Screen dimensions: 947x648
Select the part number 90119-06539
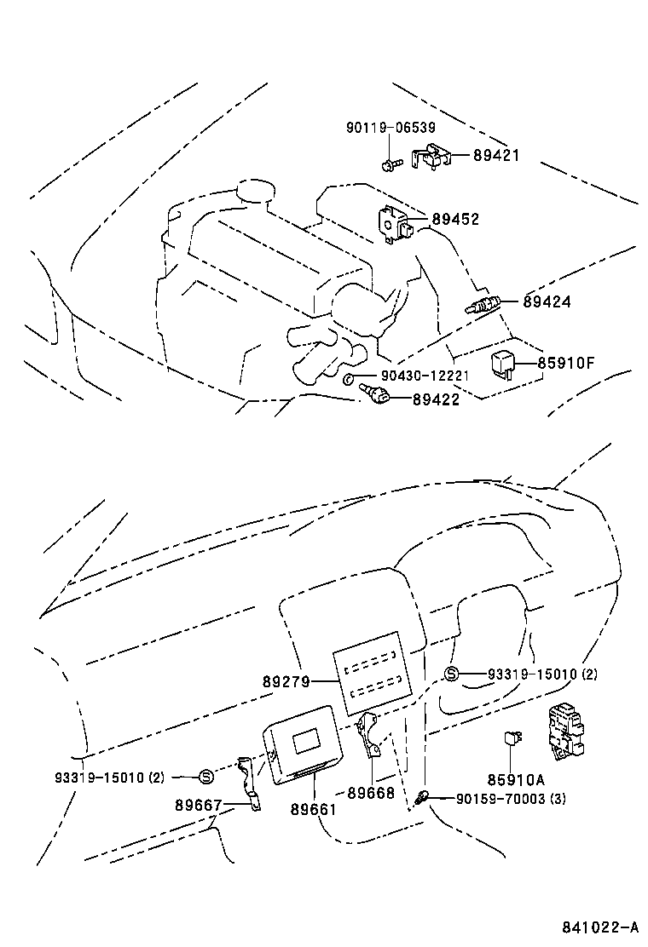(391, 128)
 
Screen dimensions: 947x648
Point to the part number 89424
(547, 301)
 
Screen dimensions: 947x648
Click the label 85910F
(565, 364)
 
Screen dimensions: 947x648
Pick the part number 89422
(436, 399)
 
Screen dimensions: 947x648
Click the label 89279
(286, 681)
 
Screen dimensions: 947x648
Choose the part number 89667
(199, 805)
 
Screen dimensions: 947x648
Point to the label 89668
(371, 793)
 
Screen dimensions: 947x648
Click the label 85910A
(516, 779)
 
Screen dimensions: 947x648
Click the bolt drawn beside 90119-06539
(390, 159)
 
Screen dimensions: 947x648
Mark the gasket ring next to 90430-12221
(350, 377)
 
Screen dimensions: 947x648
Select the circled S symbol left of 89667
(205, 776)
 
